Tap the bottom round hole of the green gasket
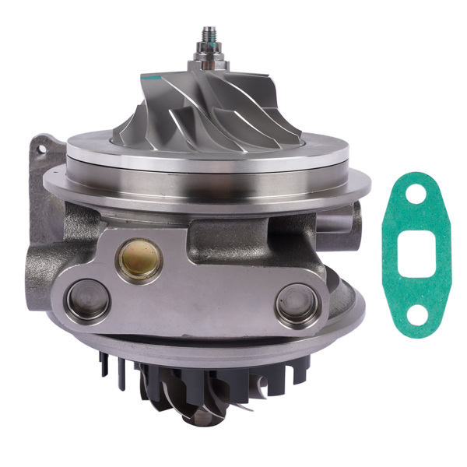tap(418, 314)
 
